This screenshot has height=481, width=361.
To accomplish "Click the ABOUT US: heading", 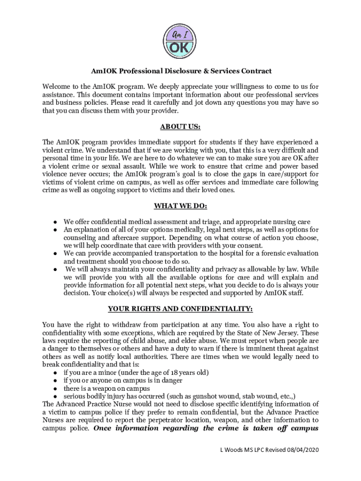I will [180, 127].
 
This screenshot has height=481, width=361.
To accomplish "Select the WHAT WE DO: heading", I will [180, 206].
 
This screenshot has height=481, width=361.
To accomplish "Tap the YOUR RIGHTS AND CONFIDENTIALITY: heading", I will [180, 309].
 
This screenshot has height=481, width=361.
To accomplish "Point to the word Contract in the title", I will [255, 71].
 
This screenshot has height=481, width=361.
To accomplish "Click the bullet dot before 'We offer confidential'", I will [55, 222].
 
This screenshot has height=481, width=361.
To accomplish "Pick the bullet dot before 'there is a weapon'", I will [55, 388].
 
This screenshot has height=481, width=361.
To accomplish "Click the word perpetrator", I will [165, 420].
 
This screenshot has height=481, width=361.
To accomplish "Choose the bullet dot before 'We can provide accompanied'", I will [55, 253].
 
